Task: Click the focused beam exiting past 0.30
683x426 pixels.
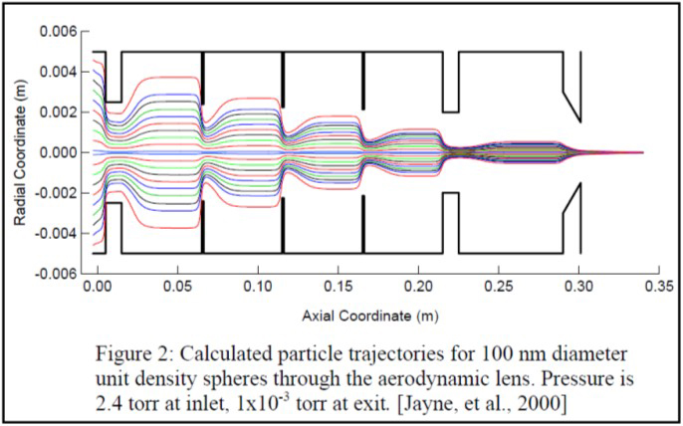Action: pyautogui.click(x=617, y=152)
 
